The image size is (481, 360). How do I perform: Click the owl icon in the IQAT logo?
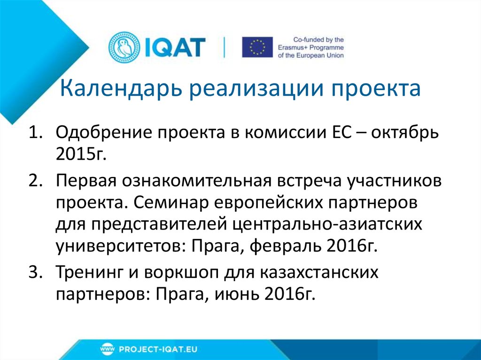(121, 47)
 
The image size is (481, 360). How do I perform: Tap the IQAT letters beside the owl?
(171, 47)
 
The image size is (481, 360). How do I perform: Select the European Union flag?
(257, 47)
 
